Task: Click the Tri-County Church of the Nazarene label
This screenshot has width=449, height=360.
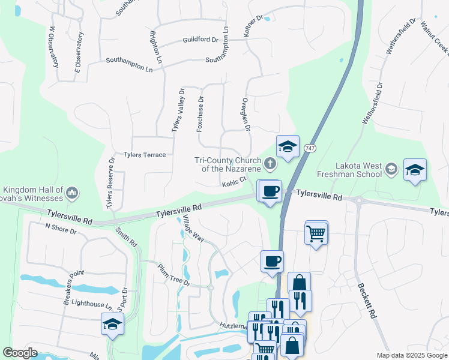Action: click(x=228, y=164)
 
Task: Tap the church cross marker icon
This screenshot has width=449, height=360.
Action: click(x=271, y=163)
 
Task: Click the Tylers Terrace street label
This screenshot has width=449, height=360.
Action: click(x=144, y=155)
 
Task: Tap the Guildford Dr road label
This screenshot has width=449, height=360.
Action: click(x=200, y=40)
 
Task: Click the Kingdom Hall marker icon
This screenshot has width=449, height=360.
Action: click(x=72, y=192)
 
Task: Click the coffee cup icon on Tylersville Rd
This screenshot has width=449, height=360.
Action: click(x=270, y=191)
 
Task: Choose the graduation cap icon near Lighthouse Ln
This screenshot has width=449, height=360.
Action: click(x=112, y=325)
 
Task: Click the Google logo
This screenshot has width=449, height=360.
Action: click(x=20, y=353)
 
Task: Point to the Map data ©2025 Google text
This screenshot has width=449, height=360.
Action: click(x=411, y=355)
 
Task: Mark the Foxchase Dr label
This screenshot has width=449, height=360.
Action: click(x=201, y=114)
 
